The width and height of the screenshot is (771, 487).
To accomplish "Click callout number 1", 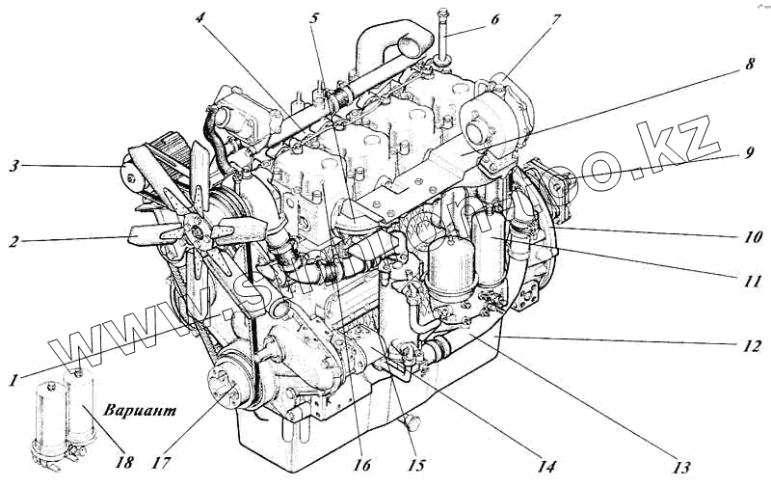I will (x=13, y=380).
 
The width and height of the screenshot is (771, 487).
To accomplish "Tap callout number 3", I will (x=13, y=166).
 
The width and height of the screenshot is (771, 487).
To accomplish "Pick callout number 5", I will (x=314, y=16).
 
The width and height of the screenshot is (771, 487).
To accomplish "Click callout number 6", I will (x=494, y=18).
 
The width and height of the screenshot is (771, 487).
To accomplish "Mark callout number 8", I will (x=749, y=67).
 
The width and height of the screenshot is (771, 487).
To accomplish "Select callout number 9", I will (x=749, y=152).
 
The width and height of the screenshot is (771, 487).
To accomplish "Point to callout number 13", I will (x=682, y=469).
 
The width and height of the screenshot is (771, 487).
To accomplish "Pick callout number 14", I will (x=546, y=468).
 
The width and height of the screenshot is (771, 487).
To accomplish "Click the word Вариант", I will (x=142, y=410).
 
